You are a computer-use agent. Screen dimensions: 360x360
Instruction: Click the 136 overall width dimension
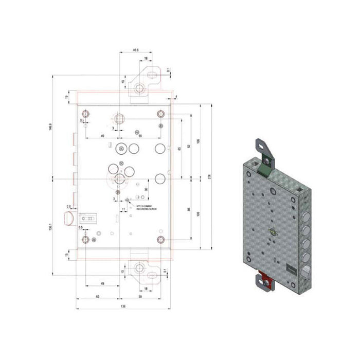click(123, 307)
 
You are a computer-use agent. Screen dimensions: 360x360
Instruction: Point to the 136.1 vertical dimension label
click(50, 226)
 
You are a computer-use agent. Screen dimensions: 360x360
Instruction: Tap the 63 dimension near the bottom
click(97, 297)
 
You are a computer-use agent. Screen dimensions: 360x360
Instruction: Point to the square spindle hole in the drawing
click(119, 117)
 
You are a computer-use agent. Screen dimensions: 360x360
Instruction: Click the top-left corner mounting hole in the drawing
click(86, 114)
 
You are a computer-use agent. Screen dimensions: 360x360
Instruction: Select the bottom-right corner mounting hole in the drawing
click(160, 240)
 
